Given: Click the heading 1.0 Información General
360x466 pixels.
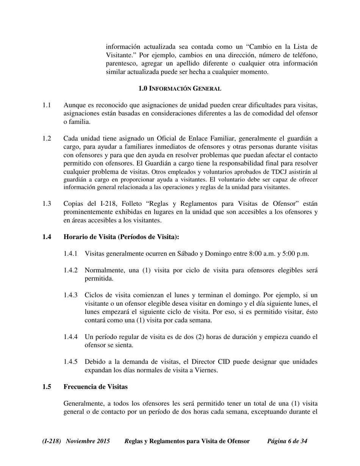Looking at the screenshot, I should pyautogui.click(x=180, y=89).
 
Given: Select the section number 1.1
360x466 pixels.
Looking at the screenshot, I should pyautogui.click(x=47, y=105).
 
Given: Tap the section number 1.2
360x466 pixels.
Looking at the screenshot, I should pyautogui.click(x=47, y=138).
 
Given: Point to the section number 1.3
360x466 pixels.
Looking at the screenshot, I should pyautogui.click(x=47, y=203).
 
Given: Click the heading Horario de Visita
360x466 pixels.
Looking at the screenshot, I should pyautogui.click(x=121, y=237).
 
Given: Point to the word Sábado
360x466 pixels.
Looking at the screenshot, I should pyautogui.click(x=188, y=253).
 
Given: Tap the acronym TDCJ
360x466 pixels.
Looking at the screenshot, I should pyautogui.click(x=285, y=172).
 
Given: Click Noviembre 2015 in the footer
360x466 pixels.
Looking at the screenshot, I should pyautogui.click(x=88, y=441).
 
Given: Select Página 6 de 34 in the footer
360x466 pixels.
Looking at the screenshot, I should pyautogui.click(x=287, y=441).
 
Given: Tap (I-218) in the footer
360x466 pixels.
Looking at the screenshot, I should pyautogui.click(x=52, y=441).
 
